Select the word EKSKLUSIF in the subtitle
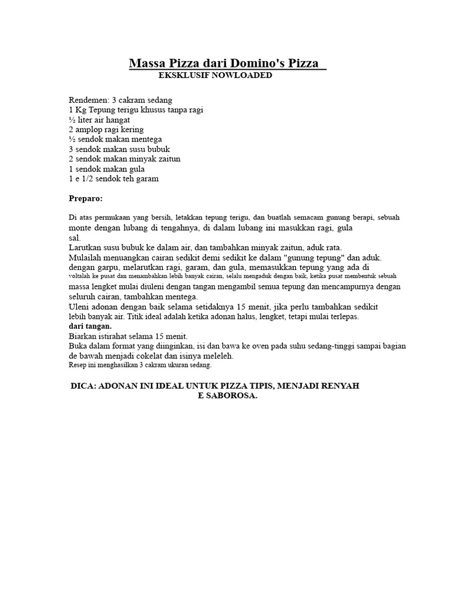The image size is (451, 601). [x=183, y=76]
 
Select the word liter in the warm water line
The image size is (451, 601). [x=86, y=120]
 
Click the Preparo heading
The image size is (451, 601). [x=86, y=198]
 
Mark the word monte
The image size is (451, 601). [x=81, y=228]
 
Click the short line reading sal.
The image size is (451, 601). [x=75, y=238]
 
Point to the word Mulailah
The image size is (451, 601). [x=86, y=258]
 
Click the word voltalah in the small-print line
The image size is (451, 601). [x=82, y=276]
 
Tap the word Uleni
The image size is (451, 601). [x=79, y=307]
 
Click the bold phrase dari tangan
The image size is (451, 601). [x=90, y=326]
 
